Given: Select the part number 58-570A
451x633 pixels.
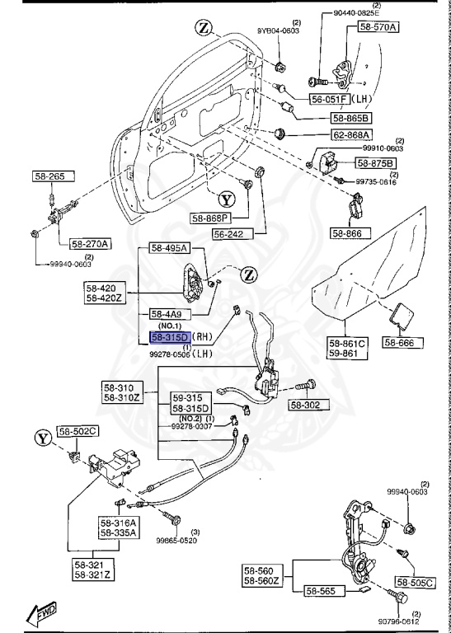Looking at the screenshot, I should point(378,27).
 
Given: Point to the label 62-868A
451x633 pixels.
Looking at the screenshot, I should point(352,135).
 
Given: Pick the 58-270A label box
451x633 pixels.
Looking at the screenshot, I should point(90,243).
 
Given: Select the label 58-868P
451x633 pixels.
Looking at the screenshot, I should point(211,218).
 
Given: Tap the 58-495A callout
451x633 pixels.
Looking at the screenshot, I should point(169,248).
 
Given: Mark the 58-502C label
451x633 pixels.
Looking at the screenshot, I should point(78,431).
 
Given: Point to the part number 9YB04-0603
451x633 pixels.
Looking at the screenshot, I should point(278,30).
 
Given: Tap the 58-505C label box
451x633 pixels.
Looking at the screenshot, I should point(425,583).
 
